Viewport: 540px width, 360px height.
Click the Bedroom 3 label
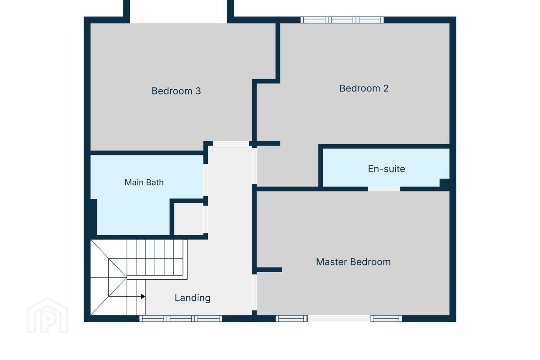(x=176, y=91)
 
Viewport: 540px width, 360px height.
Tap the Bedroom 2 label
(x=364, y=88)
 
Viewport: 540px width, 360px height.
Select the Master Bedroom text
(x=353, y=262)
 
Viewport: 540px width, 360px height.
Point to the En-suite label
(x=386, y=169)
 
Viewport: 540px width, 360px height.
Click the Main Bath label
(x=144, y=182)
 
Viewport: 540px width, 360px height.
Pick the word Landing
(x=192, y=298)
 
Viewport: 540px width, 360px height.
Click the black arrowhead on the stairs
(x=143, y=296)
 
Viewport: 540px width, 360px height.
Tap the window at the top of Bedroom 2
(x=342, y=20)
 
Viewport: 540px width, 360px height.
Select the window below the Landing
(x=181, y=318)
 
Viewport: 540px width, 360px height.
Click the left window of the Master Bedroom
(x=291, y=318)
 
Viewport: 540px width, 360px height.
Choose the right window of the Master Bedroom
(x=386, y=318)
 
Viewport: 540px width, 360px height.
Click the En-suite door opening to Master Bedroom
(x=384, y=189)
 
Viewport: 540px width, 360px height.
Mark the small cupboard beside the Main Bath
(x=189, y=219)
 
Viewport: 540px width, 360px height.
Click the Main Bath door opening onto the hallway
(x=205, y=180)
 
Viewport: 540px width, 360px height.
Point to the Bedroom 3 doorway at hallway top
(x=231, y=144)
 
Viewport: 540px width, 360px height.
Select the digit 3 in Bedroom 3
(x=198, y=91)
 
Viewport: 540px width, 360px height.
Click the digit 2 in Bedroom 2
(x=386, y=88)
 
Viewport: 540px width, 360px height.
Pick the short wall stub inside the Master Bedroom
(x=269, y=270)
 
